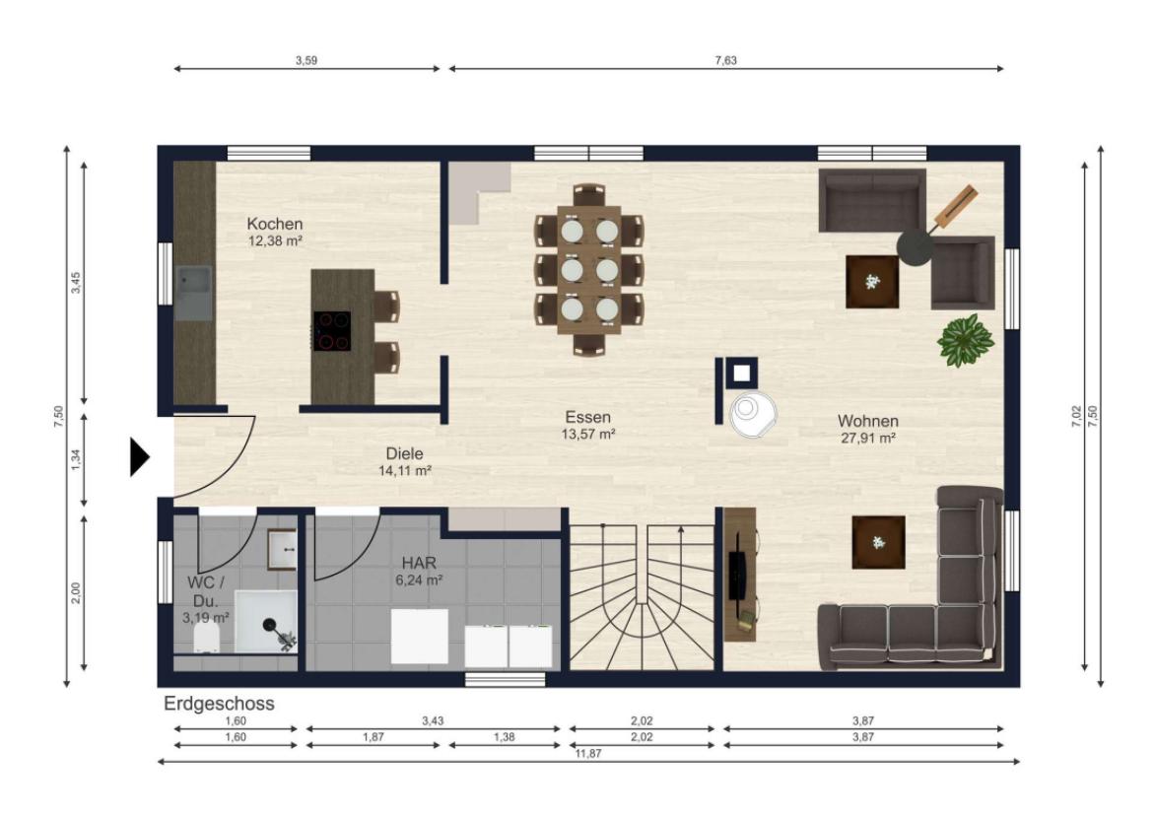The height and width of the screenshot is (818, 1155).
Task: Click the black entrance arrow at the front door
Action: [x=139, y=457]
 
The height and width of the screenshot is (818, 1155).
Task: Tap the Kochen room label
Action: [x=275, y=224]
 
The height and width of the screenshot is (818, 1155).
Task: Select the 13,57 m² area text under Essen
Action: [x=587, y=434]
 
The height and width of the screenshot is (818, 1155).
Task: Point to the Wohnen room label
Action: [x=867, y=421]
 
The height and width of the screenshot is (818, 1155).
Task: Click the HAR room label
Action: [x=419, y=564]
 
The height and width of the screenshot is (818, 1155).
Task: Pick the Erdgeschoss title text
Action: [x=219, y=703]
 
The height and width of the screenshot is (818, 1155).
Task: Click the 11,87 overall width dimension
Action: [x=588, y=753]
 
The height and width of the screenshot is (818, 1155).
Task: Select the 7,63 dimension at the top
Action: [x=725, y=60]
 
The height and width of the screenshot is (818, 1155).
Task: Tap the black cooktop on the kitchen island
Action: [x=332, y=330]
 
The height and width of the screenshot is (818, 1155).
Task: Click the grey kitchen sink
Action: [x=194, y=293]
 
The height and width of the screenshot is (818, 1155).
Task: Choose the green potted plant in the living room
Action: [x=966, y=340]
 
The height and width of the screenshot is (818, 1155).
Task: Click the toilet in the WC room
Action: [x=207, y=639]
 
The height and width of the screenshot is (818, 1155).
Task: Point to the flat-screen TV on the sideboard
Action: [x=736, y=574]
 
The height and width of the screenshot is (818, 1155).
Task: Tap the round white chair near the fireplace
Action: [x=753, y=414]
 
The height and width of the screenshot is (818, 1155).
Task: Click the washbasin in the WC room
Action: [x=282, y=550]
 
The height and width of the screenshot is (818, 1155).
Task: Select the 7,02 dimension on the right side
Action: [x=1076, y=416]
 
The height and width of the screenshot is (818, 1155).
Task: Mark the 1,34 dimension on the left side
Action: [x=76, y=459]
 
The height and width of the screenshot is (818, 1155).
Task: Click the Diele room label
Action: [x=404, y=454]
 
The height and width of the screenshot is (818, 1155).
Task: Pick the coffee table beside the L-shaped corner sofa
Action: [x=878, y=542]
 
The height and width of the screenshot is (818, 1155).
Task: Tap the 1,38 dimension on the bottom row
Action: [x=504, y=737]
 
